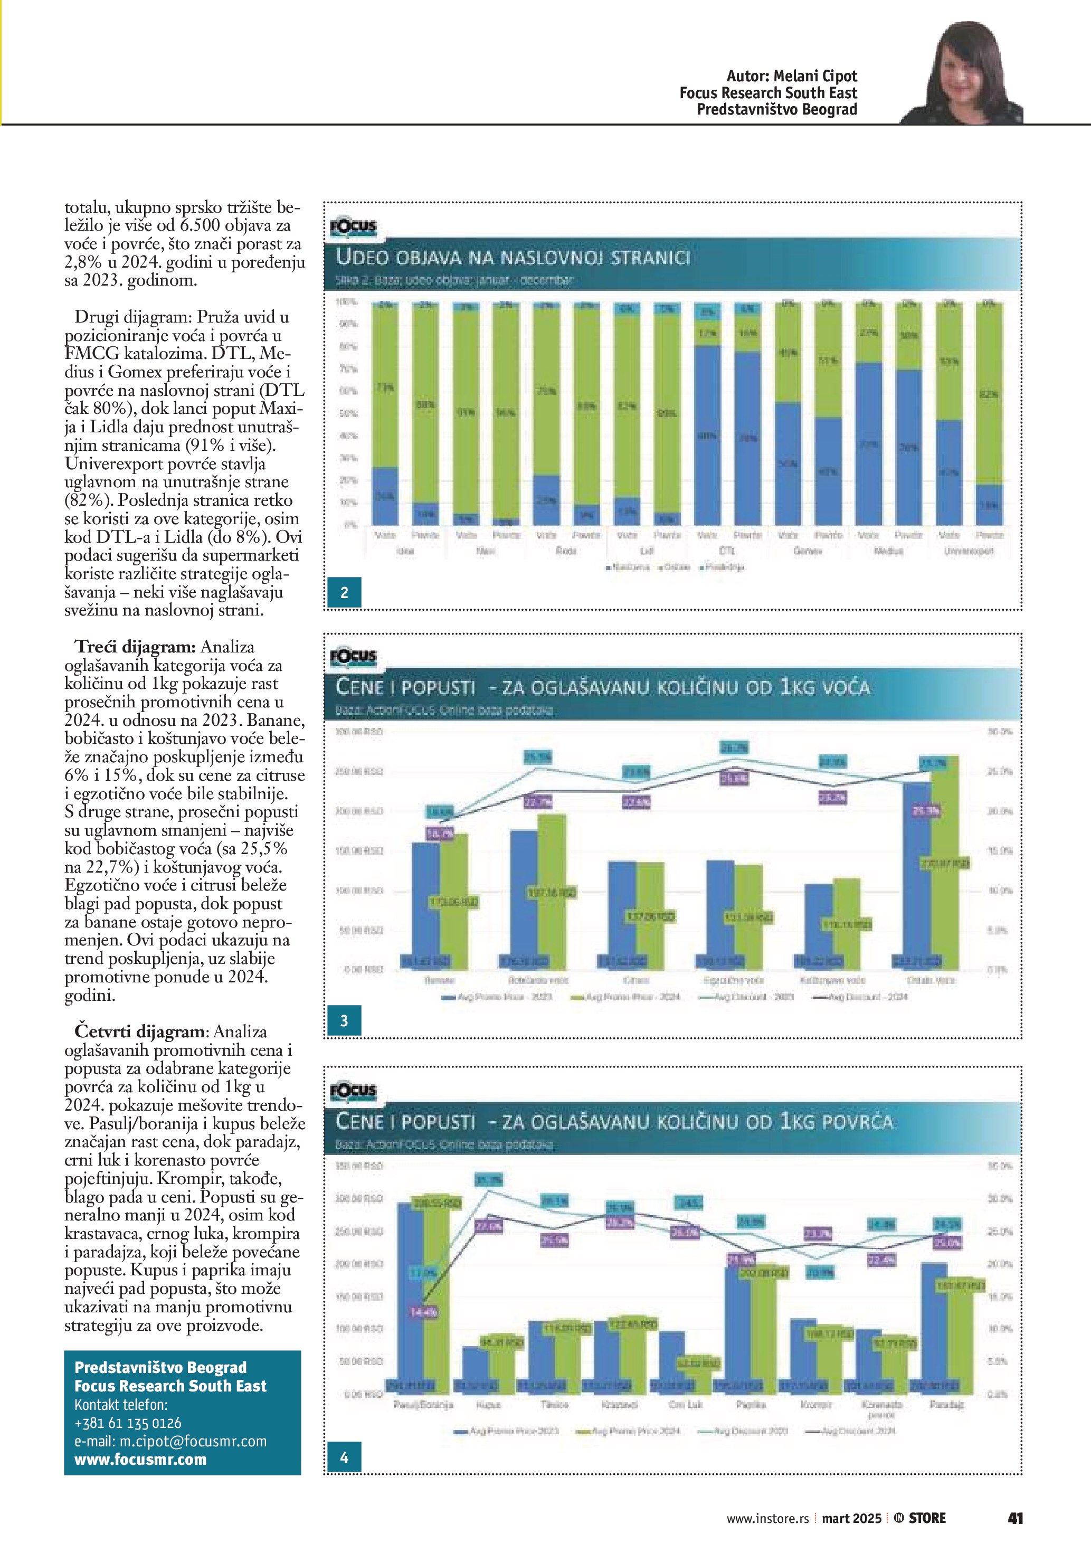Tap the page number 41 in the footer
point(1015,1518)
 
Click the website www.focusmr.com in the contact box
point(140,1459)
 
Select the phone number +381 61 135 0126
point(128,1423)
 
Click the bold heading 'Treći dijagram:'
point(135,647)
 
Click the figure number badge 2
point(344,592)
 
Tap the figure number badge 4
point(344,1457)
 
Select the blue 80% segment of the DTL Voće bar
point(707,436)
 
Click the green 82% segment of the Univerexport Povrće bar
point(989,394)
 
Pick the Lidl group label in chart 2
point(646,551)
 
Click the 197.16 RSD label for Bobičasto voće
point(552,893)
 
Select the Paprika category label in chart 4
point(746,1405)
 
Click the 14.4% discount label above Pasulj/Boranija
point(424,1311)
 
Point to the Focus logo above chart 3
point(353,657)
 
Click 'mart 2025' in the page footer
point(851,1518)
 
